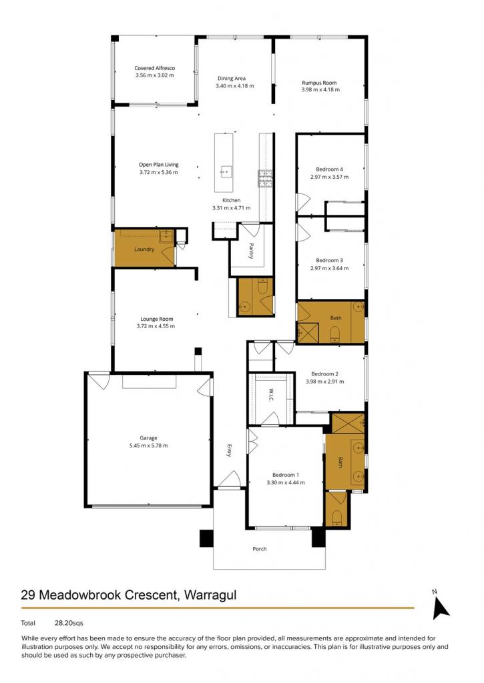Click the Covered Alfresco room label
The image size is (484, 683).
155,68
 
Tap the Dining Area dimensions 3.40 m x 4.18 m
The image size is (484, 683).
234,86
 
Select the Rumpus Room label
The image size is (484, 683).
319,82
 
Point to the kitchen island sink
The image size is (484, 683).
226,171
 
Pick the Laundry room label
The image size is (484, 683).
144,249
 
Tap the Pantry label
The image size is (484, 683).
251,251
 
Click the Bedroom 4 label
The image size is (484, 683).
330,169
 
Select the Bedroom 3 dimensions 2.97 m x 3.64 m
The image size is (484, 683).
330,268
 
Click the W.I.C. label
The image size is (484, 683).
271,395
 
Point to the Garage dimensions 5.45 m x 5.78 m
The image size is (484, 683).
148,446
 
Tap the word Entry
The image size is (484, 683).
229,450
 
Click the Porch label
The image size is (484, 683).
260,549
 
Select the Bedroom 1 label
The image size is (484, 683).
286,475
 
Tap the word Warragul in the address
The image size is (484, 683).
210,596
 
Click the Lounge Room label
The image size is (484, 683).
156,319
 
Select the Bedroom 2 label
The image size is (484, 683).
325,374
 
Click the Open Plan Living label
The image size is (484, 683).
159,165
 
